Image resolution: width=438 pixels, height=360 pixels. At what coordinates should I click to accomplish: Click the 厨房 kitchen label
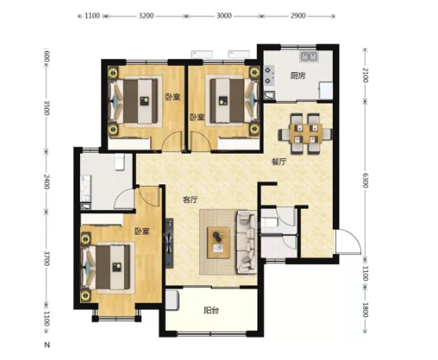tap(297, 75)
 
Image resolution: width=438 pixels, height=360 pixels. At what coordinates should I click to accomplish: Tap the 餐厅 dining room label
tap(279, 162)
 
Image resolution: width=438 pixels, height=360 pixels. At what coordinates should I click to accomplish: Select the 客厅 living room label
tap(191, 200)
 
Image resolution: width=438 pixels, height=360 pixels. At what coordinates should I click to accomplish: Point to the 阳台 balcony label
tap(211, 311)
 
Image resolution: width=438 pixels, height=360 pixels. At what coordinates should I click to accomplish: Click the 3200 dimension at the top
tap(146, 16)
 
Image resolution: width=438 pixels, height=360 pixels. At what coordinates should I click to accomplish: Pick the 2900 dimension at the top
tap(297, 16)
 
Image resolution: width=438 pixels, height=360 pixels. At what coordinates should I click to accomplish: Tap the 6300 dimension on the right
tap(365, 180)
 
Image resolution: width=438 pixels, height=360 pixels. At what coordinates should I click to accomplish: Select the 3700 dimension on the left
tap(46, 258)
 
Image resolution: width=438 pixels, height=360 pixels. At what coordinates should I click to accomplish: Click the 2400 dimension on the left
tap(46, 181)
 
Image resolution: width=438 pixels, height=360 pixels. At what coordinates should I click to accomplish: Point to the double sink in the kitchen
tap(308, 56)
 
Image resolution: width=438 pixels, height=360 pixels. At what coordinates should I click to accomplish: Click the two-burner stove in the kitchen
tap(268, 75)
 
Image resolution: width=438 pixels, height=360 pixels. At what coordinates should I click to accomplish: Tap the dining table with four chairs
tap(305, 133)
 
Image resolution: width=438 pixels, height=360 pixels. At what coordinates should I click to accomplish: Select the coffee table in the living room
tap(219, 242)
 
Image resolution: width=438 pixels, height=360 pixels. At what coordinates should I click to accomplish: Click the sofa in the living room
tap(246, 242)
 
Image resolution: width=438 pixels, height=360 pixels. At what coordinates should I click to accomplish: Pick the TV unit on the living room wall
tap(170, 243)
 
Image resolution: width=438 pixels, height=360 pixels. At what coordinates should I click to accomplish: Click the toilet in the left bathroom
tap(119, 162)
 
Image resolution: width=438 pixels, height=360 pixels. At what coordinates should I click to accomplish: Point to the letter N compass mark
tap(47, 345)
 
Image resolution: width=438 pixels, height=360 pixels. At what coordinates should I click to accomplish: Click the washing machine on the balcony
tap(172, 300)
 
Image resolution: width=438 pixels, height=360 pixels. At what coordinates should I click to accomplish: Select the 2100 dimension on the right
tap(365, 75)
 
